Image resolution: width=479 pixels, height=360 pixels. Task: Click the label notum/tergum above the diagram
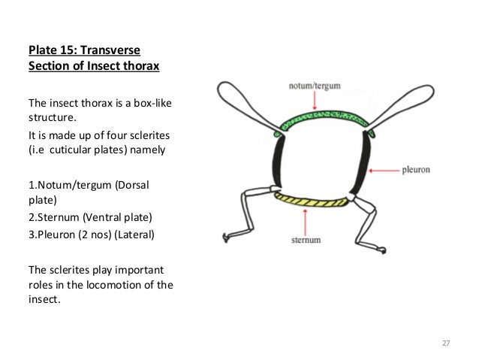(x=315, y=86)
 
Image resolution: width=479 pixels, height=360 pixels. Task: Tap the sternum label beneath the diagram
(x=307, y=241)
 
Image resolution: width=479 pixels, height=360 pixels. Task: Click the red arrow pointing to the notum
(x=315, y=101)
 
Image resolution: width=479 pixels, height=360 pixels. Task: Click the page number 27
(x=445, y=343)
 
